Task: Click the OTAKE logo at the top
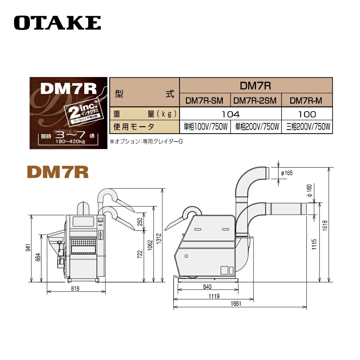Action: pos(57,23)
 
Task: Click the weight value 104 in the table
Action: pos(230,114)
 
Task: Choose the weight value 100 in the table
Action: pos(307,114)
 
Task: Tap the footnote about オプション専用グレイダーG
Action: pos(146,142)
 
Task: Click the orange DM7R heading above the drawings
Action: pos(58,172)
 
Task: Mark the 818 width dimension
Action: pos(75,288)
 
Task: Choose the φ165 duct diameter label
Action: pos(287,173)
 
